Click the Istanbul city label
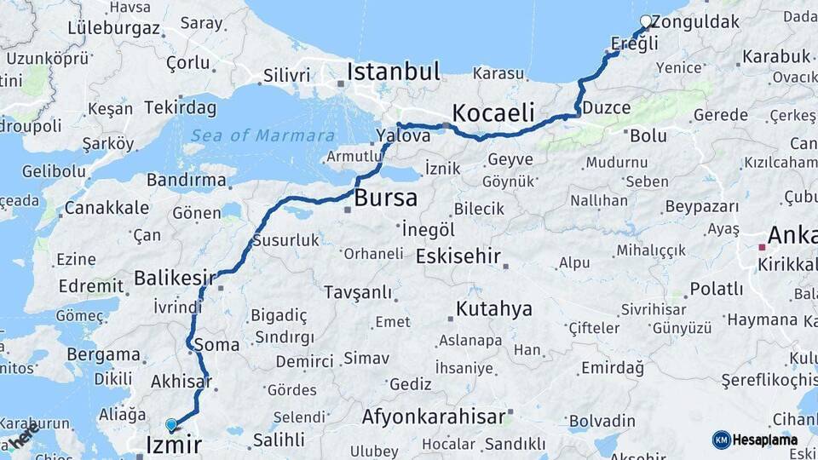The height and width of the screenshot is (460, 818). [x=393, y=72]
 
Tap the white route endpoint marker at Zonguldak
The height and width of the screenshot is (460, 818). [x=646, y=21]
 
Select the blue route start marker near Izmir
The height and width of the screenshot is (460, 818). [x=171, y=424]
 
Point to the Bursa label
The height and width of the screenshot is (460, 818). [x=386, y=198]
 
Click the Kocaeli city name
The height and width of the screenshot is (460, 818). [x=493, y=112]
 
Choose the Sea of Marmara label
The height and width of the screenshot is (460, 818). [x=262, y=135]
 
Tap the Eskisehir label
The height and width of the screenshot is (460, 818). [x=458, y=256]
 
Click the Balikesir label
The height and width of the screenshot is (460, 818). [x=175, y=278]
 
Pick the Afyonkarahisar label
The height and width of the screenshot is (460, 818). [x=434, y=417]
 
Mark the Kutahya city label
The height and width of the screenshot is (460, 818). [x=493, y=308]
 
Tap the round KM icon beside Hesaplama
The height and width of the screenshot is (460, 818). [x=721, y=440]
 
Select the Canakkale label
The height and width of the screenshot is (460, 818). [x=107, y=208]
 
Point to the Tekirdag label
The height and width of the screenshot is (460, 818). [x=180, y=107]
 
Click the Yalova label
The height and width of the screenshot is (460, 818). [x=403, y=136]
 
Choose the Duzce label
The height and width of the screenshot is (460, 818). [x=608, y=108]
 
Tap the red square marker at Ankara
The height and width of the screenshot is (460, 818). [x=762, y=247]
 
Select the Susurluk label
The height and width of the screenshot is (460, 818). [x=285, y=240]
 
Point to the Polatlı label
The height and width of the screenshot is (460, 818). [x=717, y=289]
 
